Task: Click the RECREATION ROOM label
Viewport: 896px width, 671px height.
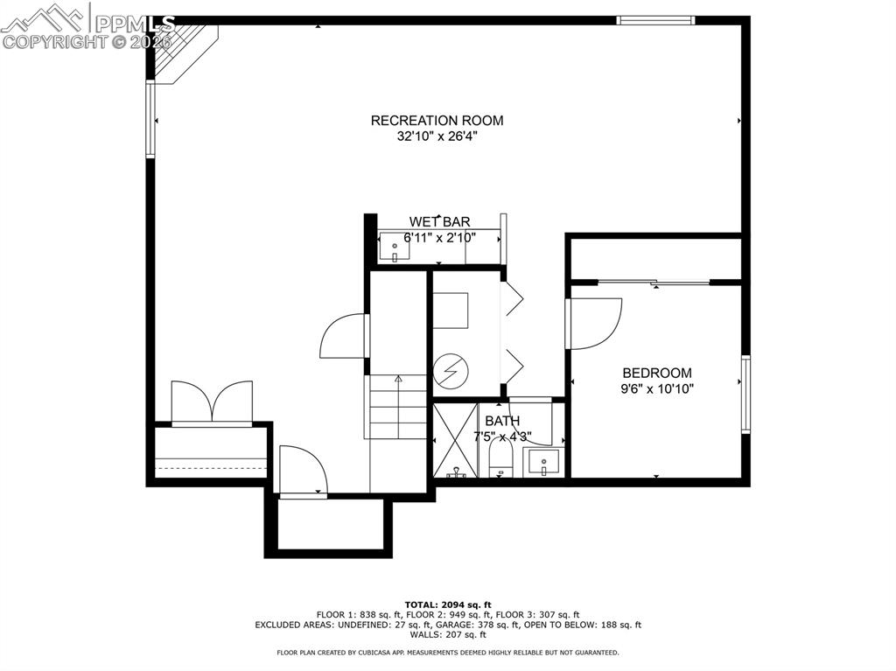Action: (x=437, y=121)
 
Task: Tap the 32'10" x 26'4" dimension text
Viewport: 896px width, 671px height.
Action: (x=437, y=136)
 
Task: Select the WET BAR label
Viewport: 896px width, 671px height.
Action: (x=439, y=222)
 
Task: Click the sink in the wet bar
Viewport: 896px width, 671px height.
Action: (x=395, y=249)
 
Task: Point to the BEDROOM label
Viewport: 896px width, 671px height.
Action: (x=656, y=373)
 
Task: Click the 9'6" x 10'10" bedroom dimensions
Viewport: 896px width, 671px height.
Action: (x=656, y=388)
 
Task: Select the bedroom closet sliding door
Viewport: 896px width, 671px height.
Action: (x=654, y=282)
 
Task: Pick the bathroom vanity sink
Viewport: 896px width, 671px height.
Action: (x=543, y=462)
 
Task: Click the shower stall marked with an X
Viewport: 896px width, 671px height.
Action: (x=455, y=440)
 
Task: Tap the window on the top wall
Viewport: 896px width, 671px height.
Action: (x=655, y=20)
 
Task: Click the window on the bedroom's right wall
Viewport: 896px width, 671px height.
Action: (x=745, y=394)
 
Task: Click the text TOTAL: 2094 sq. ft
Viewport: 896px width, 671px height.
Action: (x=448, y=605)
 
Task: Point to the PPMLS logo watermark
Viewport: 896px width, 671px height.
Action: (x=87, y=26)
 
